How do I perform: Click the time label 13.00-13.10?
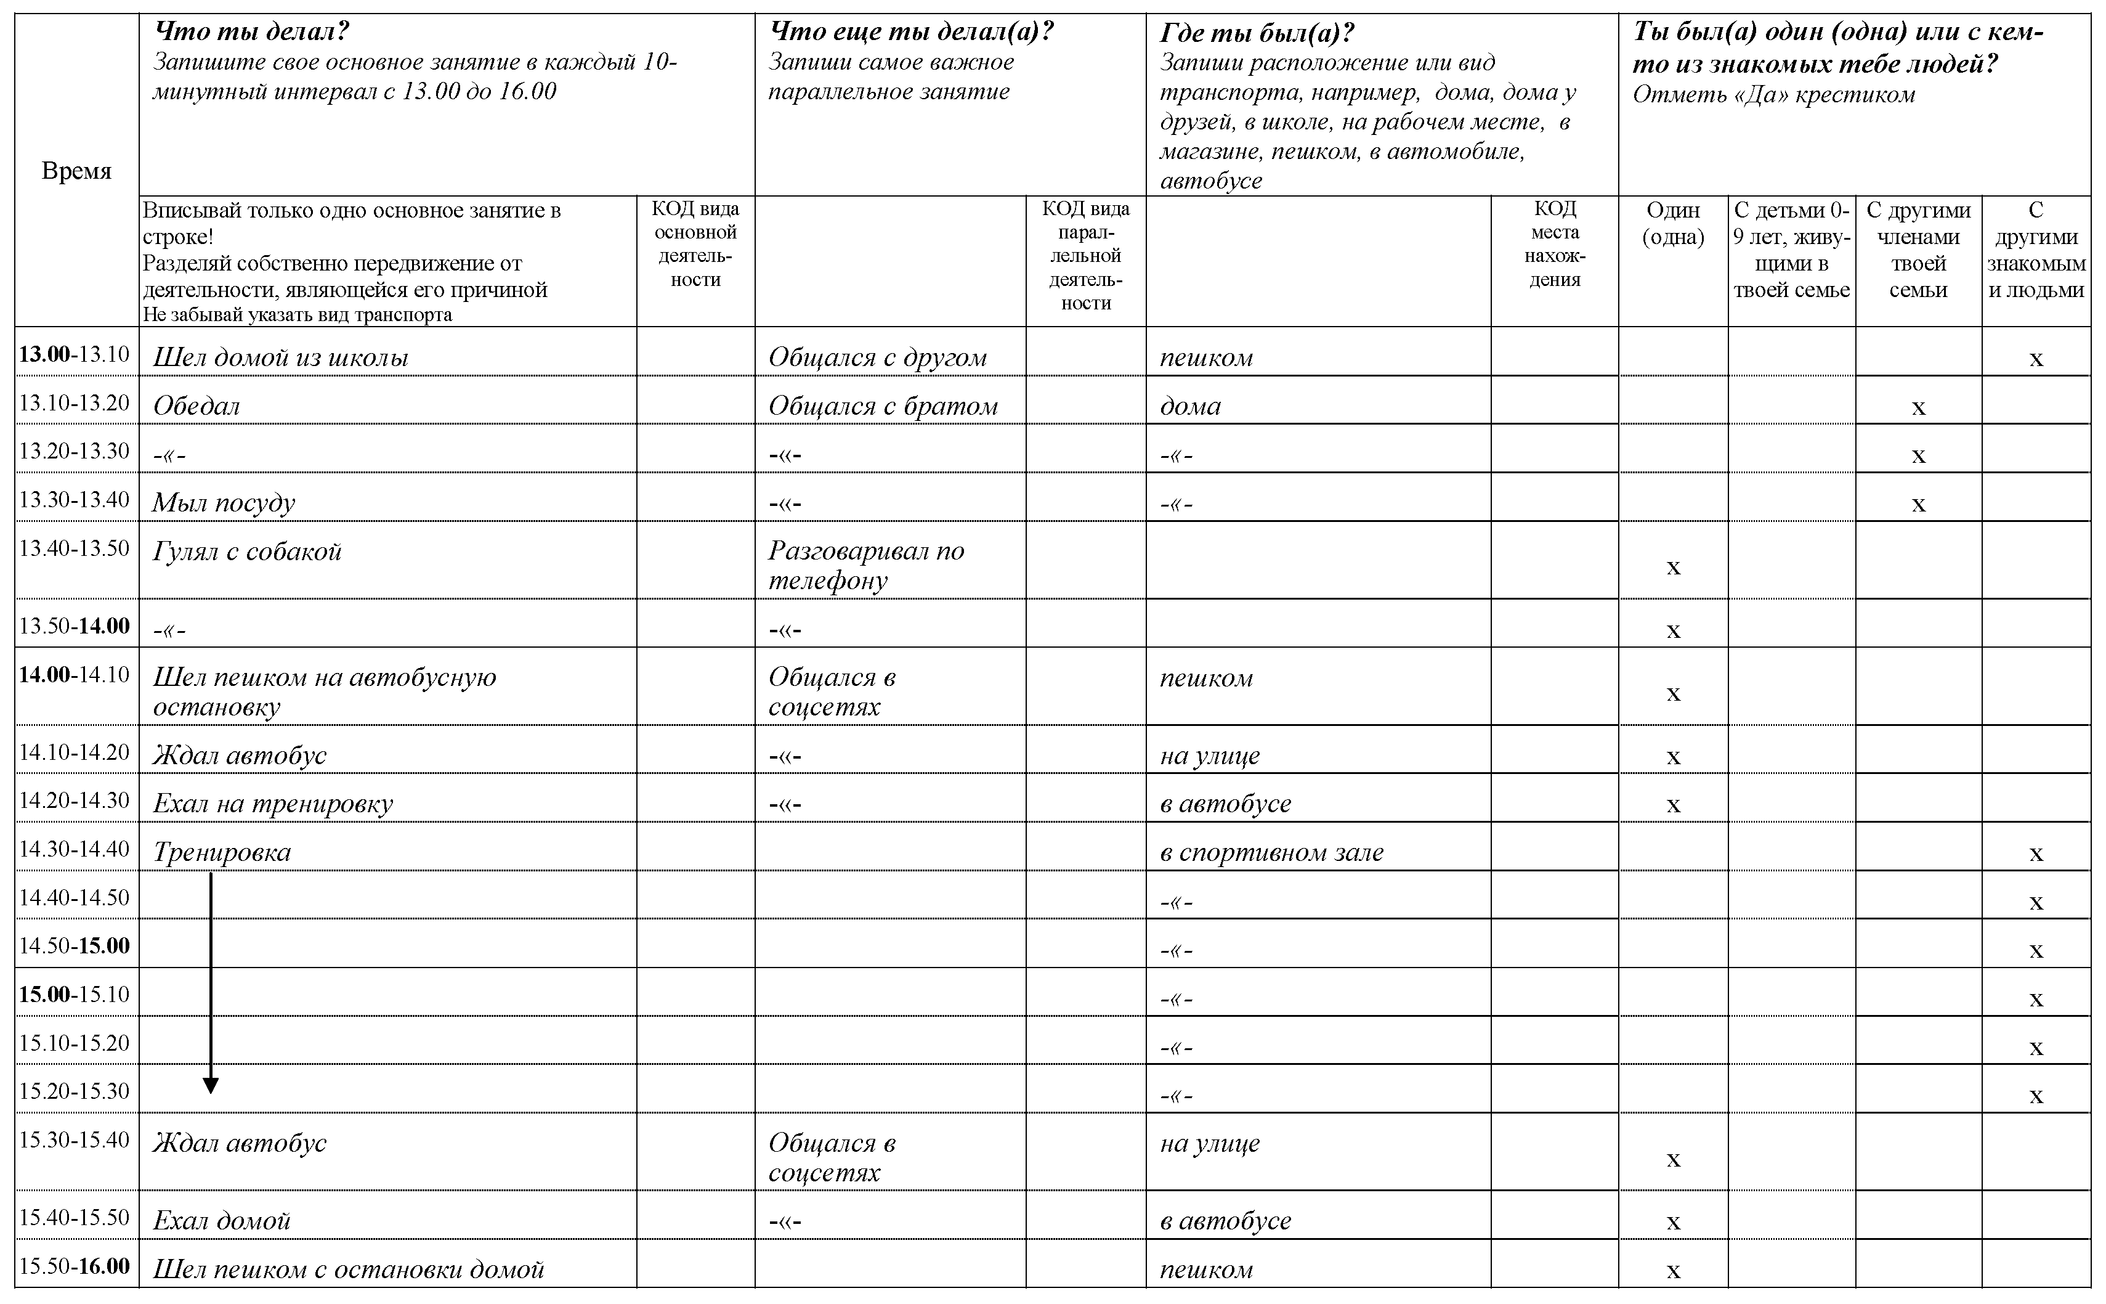74,354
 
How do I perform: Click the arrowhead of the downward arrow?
210,1085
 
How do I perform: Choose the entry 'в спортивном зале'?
1271,852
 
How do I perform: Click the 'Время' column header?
77,171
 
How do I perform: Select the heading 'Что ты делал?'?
251,33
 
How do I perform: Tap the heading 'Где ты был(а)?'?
1257,33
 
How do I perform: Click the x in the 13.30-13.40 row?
1918,503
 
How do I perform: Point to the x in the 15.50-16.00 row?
1673,1270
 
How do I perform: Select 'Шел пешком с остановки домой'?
348,1269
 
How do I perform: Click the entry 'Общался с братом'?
883,406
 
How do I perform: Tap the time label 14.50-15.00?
74,946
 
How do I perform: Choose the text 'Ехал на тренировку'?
272,804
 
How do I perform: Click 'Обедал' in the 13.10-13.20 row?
196,406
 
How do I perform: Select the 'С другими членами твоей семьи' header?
1918,250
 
